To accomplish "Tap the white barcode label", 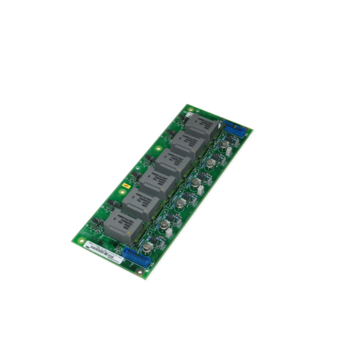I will (101, 250).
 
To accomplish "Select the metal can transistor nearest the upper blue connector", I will (225, 145).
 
